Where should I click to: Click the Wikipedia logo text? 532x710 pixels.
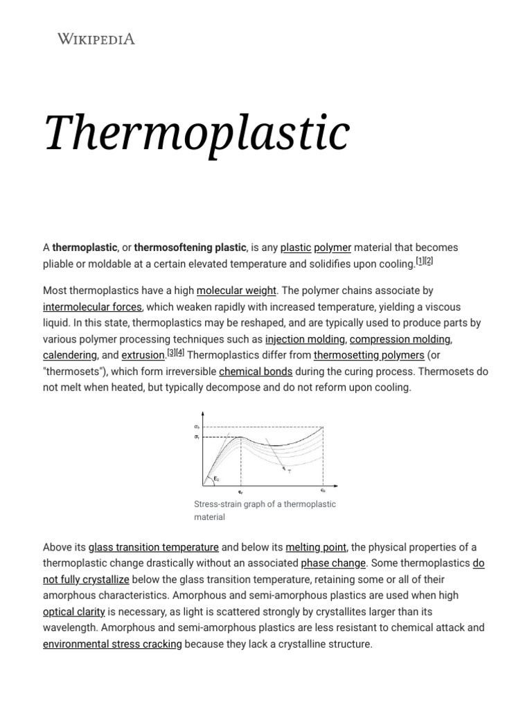pos(96,39)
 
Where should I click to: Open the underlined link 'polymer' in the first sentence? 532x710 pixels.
pos(332,248)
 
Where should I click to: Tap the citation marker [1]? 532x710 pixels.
pos(420,261)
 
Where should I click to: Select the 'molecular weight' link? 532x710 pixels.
pos(236,291)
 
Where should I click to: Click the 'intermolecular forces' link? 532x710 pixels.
pos(92,307)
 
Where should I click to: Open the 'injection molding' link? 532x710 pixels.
pos(305,339)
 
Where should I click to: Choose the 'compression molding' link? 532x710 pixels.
pos(400,339)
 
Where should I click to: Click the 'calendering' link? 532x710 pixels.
pos(70,355)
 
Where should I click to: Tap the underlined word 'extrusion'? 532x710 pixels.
pos(143,355)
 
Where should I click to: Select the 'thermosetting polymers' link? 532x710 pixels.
pos(369,355)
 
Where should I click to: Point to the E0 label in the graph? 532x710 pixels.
pos(217,478)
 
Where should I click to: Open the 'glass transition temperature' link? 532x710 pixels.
pos(154,547)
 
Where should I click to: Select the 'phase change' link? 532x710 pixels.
pos(333,563)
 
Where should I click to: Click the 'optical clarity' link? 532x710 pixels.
pos(74,612)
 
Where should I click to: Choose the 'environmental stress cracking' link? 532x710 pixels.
pos(112,644)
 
